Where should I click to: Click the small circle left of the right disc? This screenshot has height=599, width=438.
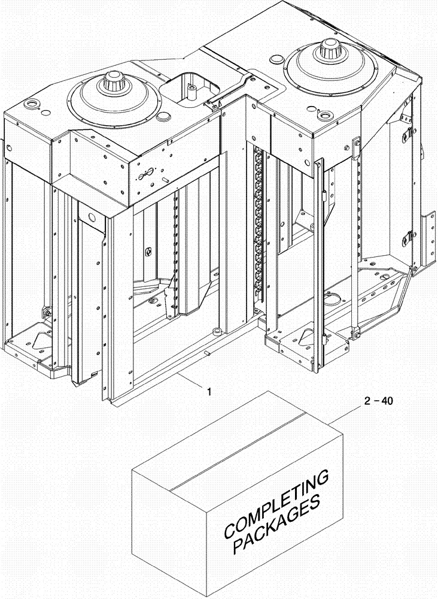click(276, 60)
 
